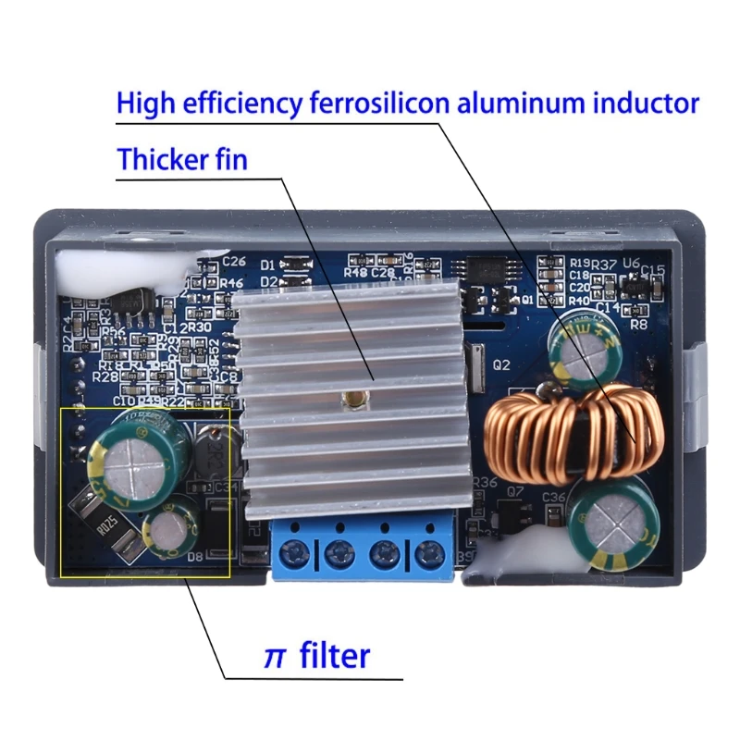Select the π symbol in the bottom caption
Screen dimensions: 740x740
tap(274, 657)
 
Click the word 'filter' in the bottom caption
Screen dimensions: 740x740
tap(335, 656)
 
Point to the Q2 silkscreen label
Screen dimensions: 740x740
tap(501, 364)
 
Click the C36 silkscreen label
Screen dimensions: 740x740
tap(553, 498)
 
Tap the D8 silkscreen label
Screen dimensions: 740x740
tap(196, 557)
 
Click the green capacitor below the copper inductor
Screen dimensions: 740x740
tap(610, 524)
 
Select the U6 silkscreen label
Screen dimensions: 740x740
tap(631, 264)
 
